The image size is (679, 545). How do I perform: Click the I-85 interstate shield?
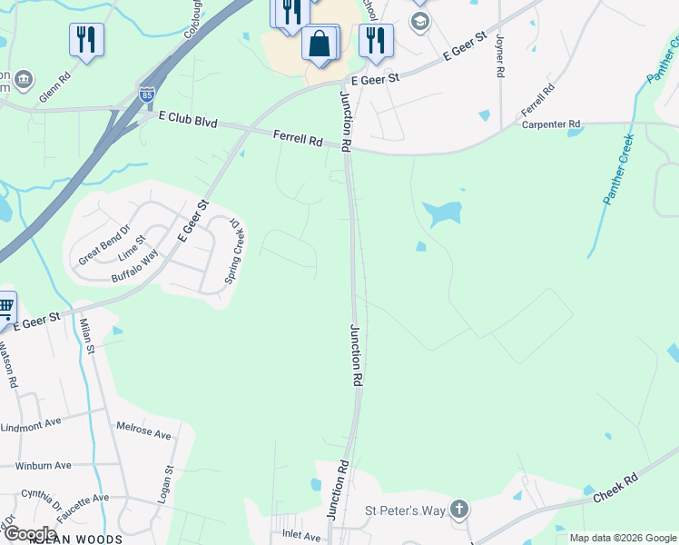[x=147, y=94]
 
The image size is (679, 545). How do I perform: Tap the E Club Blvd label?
[x=187, y=121]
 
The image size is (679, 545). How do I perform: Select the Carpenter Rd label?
[x=550, y=124]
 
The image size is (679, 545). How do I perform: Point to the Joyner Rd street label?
[x=499, y=55]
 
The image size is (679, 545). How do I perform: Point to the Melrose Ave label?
[x=143, y=430]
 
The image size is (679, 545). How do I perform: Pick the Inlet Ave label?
[x=301, y=536]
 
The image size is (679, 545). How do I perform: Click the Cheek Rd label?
[x=616, y=488]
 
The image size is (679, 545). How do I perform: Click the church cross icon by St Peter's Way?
[x=460, y=510]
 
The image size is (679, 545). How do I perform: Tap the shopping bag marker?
[x=320, y=43]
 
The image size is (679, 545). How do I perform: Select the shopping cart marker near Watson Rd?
[x=5, y=308]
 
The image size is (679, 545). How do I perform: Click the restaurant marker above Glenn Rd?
[x=86, y=39]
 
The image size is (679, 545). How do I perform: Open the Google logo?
[x=29, y=534]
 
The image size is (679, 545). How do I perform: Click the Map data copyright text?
[x=622, y=538]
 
